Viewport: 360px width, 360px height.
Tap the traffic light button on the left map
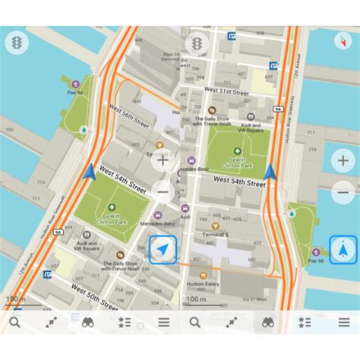tap(16, 43)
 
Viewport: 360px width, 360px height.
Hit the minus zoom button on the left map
tap(162, 191)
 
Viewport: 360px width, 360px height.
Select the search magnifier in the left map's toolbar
tap(15, 322)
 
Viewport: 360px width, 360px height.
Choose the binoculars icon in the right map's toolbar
tap(268, 322)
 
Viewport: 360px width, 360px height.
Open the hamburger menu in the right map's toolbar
tap(343, 322)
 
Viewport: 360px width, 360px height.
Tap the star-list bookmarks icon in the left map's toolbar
tap(124, 322)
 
